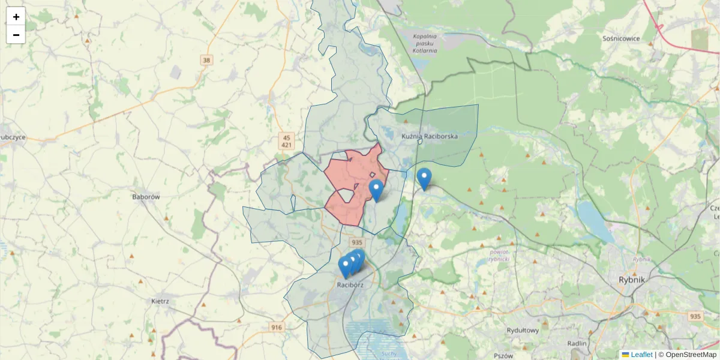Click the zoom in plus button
[x=16, y=17]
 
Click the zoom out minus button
[x=16, y=35]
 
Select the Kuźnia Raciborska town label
[x=430, y=136]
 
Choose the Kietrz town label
[x=160, y=301]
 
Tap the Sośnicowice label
[x=621, y=38]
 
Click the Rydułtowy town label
[x=523, y=330]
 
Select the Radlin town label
[x=577, y=343]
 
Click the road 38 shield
[x=207, y=60]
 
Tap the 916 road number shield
[x=276, y=327]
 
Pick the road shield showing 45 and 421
[x=287, y=141]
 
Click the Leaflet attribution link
[x=641, y=355]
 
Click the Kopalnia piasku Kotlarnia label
[x=425, y=43]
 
